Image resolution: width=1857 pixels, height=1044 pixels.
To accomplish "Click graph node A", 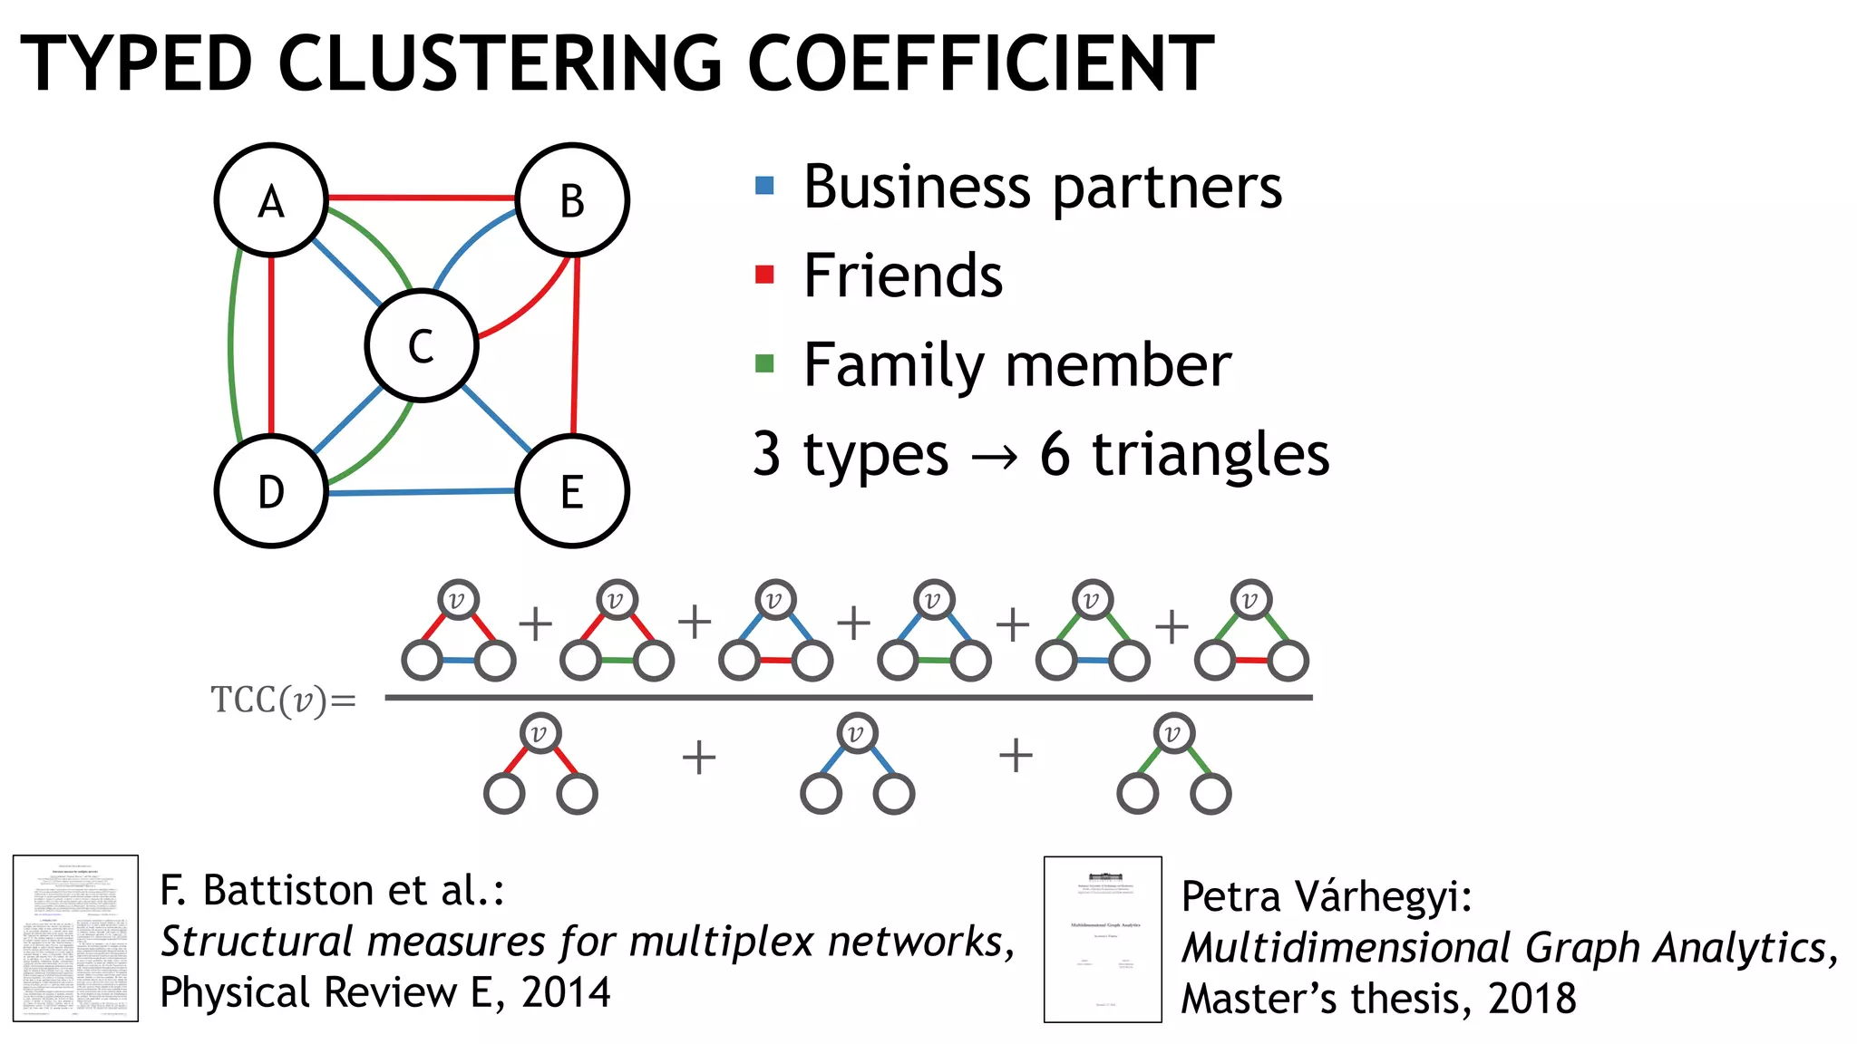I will [x=271, y=199].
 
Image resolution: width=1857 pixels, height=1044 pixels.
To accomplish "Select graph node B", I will [x=572, y=199].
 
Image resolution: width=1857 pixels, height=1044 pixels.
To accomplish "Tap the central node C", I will [x=422, y=345].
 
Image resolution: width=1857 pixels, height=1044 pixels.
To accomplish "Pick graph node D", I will [x=271, y=491].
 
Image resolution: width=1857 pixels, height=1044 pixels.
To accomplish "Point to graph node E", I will [x=572, y=491].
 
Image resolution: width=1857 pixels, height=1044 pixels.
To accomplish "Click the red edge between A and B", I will [x=422, y=197].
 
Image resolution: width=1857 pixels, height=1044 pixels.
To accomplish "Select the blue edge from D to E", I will [x=422, y=492].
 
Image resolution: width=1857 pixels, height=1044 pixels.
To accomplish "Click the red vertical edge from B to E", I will [x=575, y=344].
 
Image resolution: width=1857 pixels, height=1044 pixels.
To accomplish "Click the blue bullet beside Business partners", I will [x=764, y=186].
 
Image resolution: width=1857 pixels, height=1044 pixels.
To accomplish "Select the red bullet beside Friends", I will [x=764, y=275].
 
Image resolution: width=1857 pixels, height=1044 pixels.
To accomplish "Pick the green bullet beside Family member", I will [x=764, y=364].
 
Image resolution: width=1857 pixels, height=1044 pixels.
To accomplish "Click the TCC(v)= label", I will [x=284, y=701].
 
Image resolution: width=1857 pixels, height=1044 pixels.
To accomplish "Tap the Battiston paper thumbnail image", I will [x=75, y=938].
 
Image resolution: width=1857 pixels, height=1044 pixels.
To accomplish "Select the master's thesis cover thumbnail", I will [x=1103, y=939].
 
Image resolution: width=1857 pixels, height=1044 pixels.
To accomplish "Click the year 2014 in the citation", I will [x=566, y=992].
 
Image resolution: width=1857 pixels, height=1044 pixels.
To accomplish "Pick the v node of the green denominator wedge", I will [x=1173, y=734].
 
